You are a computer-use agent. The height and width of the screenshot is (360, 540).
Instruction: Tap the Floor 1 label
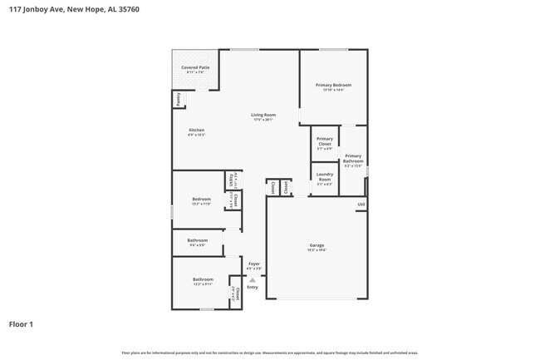click(x=22, y=324)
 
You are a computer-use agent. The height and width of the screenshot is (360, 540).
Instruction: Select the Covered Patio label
click(x=195, y=67)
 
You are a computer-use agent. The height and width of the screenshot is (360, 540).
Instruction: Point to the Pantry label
click(x=178, y=98)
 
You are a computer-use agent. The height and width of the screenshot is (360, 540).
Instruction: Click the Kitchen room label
click(x=196, y=131)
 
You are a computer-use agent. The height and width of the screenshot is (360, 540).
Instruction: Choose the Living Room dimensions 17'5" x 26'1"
click(x=264, y=121)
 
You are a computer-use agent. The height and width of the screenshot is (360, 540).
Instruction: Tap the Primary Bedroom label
click(x=333, y=85)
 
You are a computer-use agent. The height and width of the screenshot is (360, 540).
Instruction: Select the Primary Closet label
click(x=325, y=141)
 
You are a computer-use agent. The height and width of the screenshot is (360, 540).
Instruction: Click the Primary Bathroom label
click(x=353, y=158)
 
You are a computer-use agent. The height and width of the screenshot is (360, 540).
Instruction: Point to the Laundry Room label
click(x=325, y=176)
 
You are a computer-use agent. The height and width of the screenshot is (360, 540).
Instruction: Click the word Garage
click(x=317, y=245)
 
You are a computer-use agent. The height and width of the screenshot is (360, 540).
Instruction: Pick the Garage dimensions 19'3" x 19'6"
click(x=317, y=250)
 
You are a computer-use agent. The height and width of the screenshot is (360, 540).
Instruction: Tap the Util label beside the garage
click(x=361, y=205)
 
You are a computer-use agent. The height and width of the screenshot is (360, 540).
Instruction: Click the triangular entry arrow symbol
click(x=253, y=280)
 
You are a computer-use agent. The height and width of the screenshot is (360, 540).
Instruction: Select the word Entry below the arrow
click(x=253, y=288)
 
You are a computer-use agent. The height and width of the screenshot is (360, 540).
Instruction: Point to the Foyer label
click(x=254, y=264)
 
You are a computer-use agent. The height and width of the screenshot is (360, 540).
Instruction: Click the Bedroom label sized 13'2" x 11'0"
click(x=201, y=199)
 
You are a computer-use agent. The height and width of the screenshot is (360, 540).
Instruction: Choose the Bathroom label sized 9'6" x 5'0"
click(x=198, y=240)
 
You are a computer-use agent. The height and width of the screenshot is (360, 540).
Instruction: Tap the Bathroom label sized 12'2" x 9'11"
click(x=203, y=279)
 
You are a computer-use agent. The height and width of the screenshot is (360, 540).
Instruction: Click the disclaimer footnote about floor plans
click(x=270, y=353)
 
